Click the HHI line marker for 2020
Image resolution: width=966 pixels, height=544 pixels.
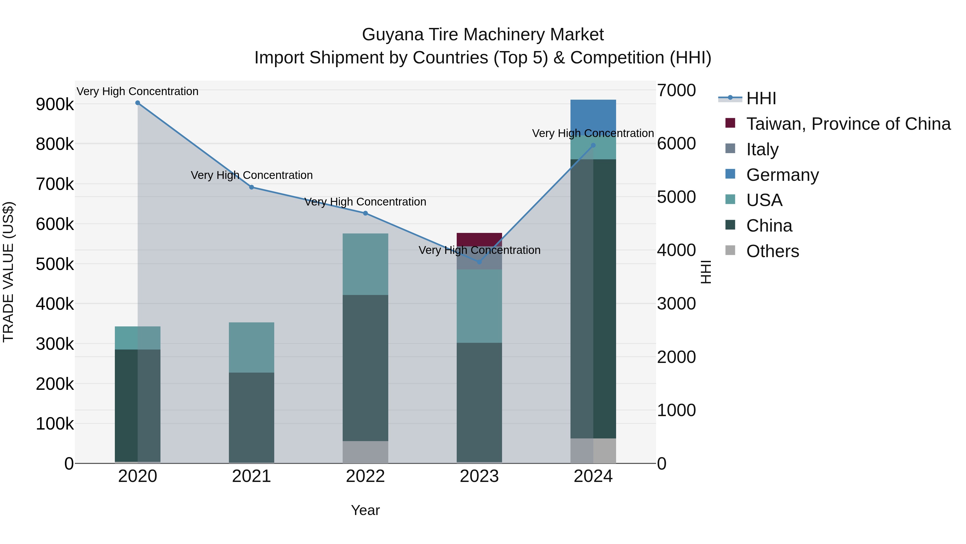click(x=138, y=103)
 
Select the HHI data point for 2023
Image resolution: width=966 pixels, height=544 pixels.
click(x=479, y=262)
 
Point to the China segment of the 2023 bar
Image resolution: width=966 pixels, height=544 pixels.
click(x=479, y=402)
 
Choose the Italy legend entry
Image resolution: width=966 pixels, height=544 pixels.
click(x=762, y=149)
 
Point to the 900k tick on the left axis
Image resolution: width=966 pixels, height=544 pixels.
click(x=55, y=105)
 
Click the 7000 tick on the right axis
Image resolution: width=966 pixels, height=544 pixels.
click(x=676, y=91)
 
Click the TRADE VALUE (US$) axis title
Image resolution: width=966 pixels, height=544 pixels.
click(x=8, y=272)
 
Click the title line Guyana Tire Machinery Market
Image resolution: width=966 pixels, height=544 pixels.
click(x=483, y=35)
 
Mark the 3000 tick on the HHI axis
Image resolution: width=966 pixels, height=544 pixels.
click(x=676, y=304)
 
